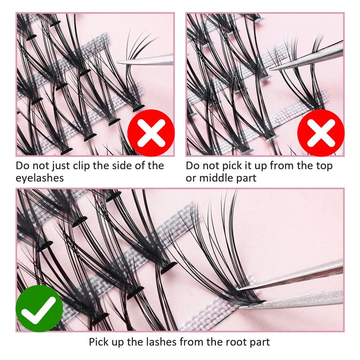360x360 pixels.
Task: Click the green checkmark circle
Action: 39,308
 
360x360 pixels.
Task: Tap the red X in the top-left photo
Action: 151,133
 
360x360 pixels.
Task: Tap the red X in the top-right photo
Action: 321,133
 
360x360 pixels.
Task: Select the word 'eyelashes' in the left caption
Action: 40,178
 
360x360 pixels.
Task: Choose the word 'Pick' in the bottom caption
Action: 99,342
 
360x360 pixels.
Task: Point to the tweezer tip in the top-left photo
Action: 118,62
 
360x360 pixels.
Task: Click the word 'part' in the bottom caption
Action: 259,342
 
